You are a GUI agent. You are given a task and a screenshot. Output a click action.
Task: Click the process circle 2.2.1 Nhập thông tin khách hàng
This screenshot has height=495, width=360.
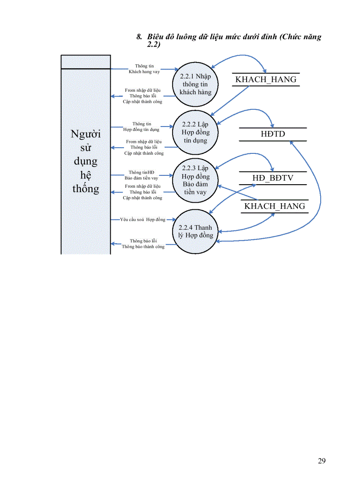pyautogui.click(x=195, y=84)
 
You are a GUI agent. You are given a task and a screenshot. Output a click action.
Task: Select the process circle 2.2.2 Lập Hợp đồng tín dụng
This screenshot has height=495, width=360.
pyautogui.click(x=195, y=132)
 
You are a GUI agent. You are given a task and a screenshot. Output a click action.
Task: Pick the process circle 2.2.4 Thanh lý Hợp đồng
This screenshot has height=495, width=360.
pyautogui.click(x=195, y=231)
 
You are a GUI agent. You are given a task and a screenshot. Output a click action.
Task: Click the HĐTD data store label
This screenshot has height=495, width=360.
pyautogui.click(x=273, y=134)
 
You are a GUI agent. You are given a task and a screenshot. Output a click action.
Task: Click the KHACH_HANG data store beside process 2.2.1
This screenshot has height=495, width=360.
pyautogui.click(x=266, y=80)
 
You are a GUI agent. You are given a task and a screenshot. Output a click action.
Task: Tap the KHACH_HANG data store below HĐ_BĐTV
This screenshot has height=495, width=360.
pyautogui.click(x=274, y=206)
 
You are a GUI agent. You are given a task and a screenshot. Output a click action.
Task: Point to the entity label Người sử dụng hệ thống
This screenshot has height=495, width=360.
pyautogui.click(x=86, y=161)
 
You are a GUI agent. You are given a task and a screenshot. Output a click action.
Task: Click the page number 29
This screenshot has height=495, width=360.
pyautogui.click(x=322, y=461)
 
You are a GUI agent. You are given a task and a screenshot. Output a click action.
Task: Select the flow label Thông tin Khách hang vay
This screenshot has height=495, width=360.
pyautogui.click(x=144, y=69)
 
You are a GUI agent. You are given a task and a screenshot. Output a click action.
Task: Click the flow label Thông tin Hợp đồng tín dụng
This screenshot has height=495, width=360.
pyautogui.click(x=142, y=127)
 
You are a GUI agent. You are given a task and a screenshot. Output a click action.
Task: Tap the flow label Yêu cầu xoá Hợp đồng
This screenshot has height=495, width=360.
pyautogui.click(x=142, y=219)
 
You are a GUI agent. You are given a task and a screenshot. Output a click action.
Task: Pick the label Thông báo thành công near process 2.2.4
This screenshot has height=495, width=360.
pyautogui.click(x=143, y=247)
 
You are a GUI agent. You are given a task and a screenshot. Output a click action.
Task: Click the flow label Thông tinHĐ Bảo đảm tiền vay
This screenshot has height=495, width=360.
pyautogui.click(x=141, y=175)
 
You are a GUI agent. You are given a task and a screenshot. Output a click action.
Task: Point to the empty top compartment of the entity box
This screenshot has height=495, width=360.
pyautogui.click(x=86, y=62)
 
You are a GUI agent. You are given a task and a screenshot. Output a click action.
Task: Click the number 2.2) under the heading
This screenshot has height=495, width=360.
pyautogui.click(x=154, y=45)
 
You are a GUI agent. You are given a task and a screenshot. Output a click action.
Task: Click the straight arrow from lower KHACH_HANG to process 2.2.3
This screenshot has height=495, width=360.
pyautogui.click(x=238, y=193)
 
